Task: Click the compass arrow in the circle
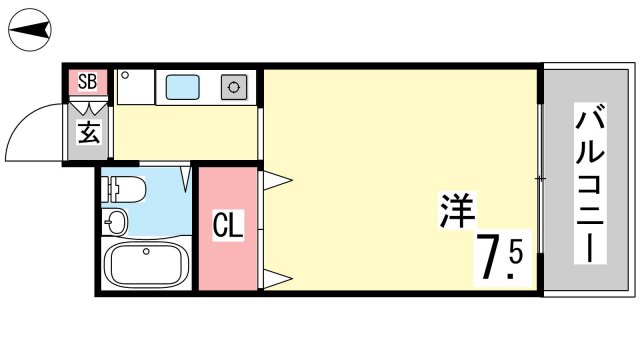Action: (29, 30)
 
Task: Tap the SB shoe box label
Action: (87, 81)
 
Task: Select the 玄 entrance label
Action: (89, 132)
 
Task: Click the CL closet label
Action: (228, 225)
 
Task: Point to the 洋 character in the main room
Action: (457, 210)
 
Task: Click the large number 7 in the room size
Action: (489, 256)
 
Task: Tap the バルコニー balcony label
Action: (590, 183)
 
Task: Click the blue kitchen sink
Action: (182, 87)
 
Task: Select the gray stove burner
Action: (234, 87)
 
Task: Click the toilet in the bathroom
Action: (123, 189)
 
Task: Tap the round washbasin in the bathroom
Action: (114, 222)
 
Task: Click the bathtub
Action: (146, 264)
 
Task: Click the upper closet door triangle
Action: (277, 180)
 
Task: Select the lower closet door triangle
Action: (277, 279)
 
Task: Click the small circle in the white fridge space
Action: (125, 75)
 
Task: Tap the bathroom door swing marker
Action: (186, 179)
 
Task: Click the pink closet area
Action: (228, 229)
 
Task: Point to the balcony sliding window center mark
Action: (541, 179)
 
